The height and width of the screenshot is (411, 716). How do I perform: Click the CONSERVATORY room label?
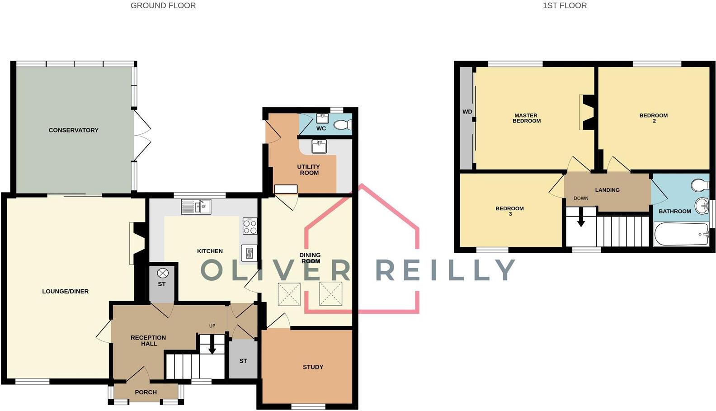coord(73,130)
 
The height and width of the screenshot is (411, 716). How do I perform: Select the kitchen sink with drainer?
coord(196,207)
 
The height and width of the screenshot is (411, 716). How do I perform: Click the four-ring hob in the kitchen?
coord(250,226)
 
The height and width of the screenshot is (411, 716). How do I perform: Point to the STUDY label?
coord(313,367)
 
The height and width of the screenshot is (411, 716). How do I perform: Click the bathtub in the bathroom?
coord(681,234)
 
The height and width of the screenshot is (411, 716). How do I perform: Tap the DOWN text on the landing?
coord(581,198)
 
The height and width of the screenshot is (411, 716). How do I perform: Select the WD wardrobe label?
coord(467,112)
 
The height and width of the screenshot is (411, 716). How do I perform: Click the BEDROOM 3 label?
coord(509,211)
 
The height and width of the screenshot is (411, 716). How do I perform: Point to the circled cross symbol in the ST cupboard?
coord(162,273)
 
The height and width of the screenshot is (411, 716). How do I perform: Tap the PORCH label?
coord(146,392)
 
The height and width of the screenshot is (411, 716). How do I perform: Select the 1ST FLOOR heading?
coord(565,5)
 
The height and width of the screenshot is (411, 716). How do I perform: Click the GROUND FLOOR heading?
coord(163,5)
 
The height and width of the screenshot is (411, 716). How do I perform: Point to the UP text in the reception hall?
coord(212,326)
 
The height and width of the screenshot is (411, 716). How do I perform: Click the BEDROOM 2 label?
coord(654,118)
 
